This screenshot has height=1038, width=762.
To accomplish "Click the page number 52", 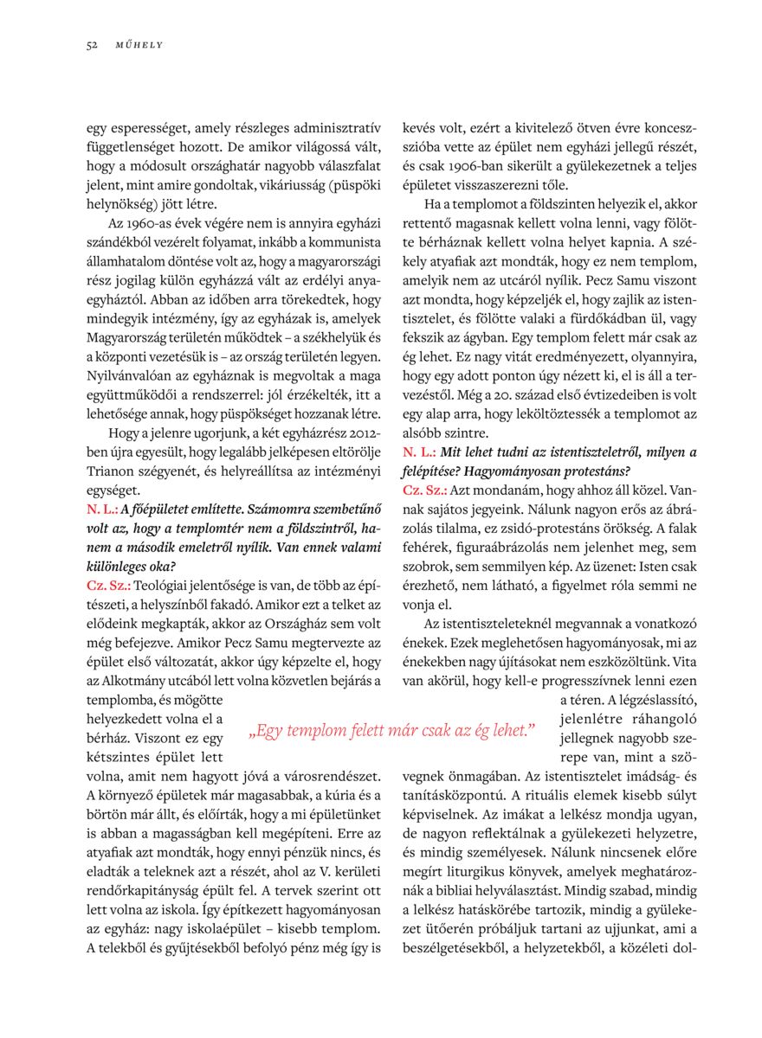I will [92, 45].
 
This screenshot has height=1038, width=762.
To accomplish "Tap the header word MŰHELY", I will [139, 45].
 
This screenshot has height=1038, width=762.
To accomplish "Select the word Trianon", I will [115, 471].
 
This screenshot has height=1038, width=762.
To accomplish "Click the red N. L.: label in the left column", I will [102, 509].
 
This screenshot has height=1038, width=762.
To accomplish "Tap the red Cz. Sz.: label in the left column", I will [109, 586].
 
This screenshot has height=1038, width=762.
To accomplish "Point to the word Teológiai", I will [164, 586].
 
